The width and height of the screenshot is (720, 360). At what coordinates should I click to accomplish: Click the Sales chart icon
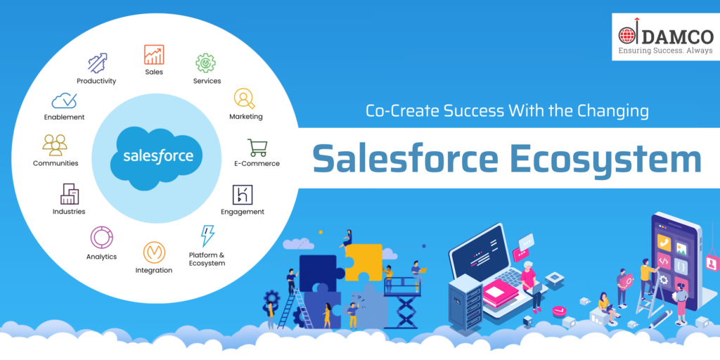click(x=154, y=54)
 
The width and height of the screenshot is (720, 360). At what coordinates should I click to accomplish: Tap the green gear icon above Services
click(x=205, y=63)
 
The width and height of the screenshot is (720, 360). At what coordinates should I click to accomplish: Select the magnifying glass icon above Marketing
click(x=244, y=98)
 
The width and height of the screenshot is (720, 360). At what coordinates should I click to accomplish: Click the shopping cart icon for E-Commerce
click(x=257, y=148)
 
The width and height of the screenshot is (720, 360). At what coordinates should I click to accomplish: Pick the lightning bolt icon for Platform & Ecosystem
click(x=207, y=236)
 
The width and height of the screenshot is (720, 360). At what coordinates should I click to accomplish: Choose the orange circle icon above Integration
click(x=154, y=252)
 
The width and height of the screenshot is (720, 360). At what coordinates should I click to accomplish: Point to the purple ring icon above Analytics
click(x=101, y=238)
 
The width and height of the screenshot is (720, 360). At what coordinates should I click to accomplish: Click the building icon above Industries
click(x=70, y=194)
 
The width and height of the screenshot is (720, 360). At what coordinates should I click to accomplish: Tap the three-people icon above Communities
click(x=55, y=145)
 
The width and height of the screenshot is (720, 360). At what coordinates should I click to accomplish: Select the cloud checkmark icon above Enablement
click(x=64, y=101)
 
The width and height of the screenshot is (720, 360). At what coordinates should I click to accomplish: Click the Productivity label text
click(x=96, y=82)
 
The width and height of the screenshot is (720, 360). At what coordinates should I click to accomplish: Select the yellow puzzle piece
click(x=363, y=262)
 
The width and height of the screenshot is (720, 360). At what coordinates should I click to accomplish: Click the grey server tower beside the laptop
click(x=465, y=302)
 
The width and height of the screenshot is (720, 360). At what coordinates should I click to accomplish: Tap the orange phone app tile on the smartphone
click(x=664, y=242)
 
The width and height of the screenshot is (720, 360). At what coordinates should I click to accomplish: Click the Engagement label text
click(x=243, y=212)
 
